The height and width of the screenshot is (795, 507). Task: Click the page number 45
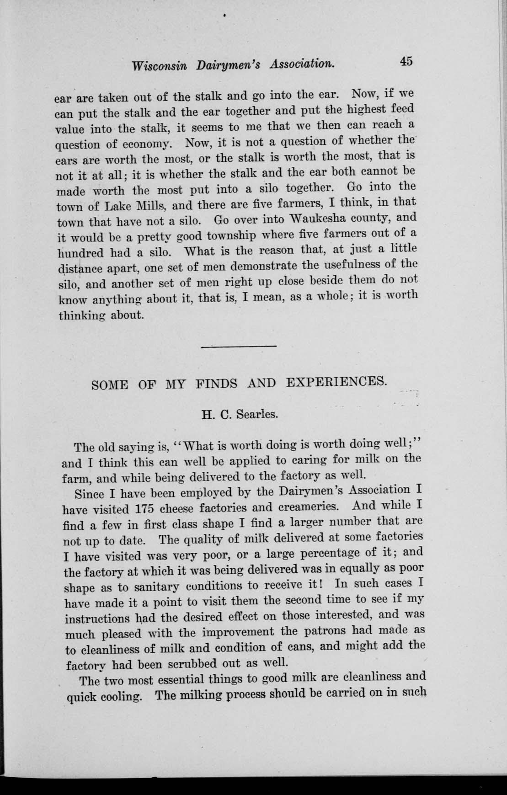coord(406,61)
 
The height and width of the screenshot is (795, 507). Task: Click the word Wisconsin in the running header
coord(159,65)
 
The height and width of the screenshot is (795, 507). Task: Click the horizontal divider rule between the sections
coord(239,346)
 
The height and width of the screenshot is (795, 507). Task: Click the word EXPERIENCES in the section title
coord(336,382)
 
